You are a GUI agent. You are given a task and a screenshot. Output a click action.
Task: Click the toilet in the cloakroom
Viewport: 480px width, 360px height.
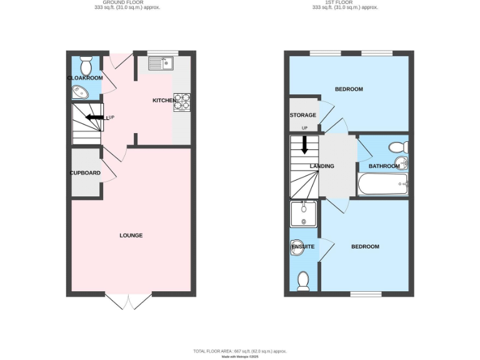(x=86, y=64)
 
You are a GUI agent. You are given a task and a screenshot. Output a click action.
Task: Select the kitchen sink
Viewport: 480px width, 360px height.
(x=161, y=62)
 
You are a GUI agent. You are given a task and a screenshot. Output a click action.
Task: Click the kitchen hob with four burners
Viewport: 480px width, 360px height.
(x=181, y=102)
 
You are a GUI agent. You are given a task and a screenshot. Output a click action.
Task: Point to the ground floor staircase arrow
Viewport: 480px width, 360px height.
(x=95, y=117)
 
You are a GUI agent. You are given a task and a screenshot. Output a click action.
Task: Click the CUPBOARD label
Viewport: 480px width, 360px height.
(x=85, y=172)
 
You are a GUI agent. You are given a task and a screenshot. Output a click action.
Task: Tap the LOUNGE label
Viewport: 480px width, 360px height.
(x=131, y=236)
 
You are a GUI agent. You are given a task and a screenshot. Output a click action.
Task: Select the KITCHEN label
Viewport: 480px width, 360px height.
(x=164, y=101)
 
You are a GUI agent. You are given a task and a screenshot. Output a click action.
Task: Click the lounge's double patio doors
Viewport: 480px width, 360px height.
(x=128, y=302)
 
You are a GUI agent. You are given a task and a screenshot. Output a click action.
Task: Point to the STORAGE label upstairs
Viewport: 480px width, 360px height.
(x=302, y=116)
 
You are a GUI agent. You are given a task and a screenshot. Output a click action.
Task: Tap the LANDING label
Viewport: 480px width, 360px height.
(x=322, y=166)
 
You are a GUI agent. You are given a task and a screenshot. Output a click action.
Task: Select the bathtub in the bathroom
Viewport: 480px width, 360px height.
(x=382, y=184)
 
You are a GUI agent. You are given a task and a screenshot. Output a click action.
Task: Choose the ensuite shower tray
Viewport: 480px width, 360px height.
(x=304, y=214)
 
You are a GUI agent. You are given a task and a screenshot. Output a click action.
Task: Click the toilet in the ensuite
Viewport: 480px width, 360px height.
(x=303, y=281)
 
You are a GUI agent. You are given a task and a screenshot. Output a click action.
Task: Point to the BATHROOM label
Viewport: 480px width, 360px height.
(x=384, y=166)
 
